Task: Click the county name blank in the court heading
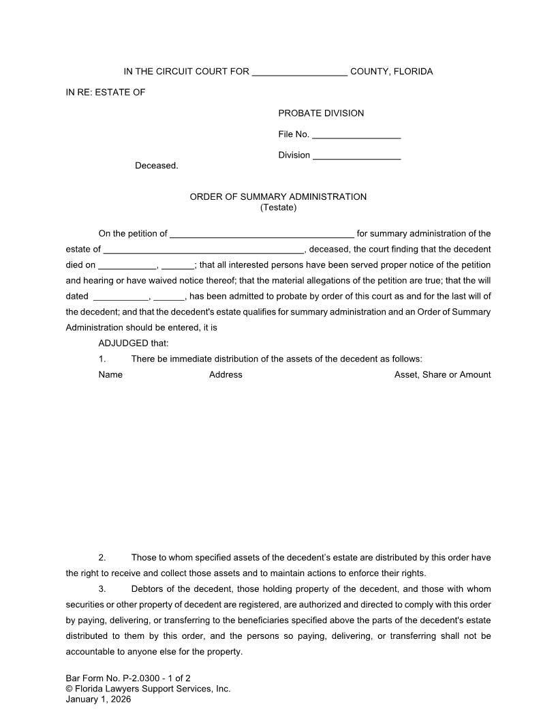pyautogui.click(x=300, y=72)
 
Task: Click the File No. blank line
pyautogui.click(x=356, y=135)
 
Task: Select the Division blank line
pyautogui.click(x=356, y=156)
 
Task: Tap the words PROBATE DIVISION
pyautogui.click(x=321, y=113)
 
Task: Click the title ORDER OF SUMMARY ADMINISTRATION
pyautogui.click(x=278, y=197)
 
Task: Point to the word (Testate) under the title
pyautogui.click(x=278, y=207)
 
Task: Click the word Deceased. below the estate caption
pyautogui.click(x=157, y=166)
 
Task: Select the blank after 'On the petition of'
pyautogui.click(x=262, y=235)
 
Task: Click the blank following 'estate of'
pyautogui.click(x=204, y=250)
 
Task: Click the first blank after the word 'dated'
pyautogui.click(x=120, y=297)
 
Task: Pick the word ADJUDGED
pyautogui.click(x=123, y=344)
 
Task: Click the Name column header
pyautogui.click(x=110, y=375)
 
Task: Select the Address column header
pyautogui.click(x=226, y=375)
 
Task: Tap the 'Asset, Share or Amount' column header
pyautogui.click(x=442, y=375)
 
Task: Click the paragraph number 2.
pyautogui.click(x=102, y=558)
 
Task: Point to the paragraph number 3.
pyautogui.click(x=102, y=589)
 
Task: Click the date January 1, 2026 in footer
pyautogui.click(x=98, y=699)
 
